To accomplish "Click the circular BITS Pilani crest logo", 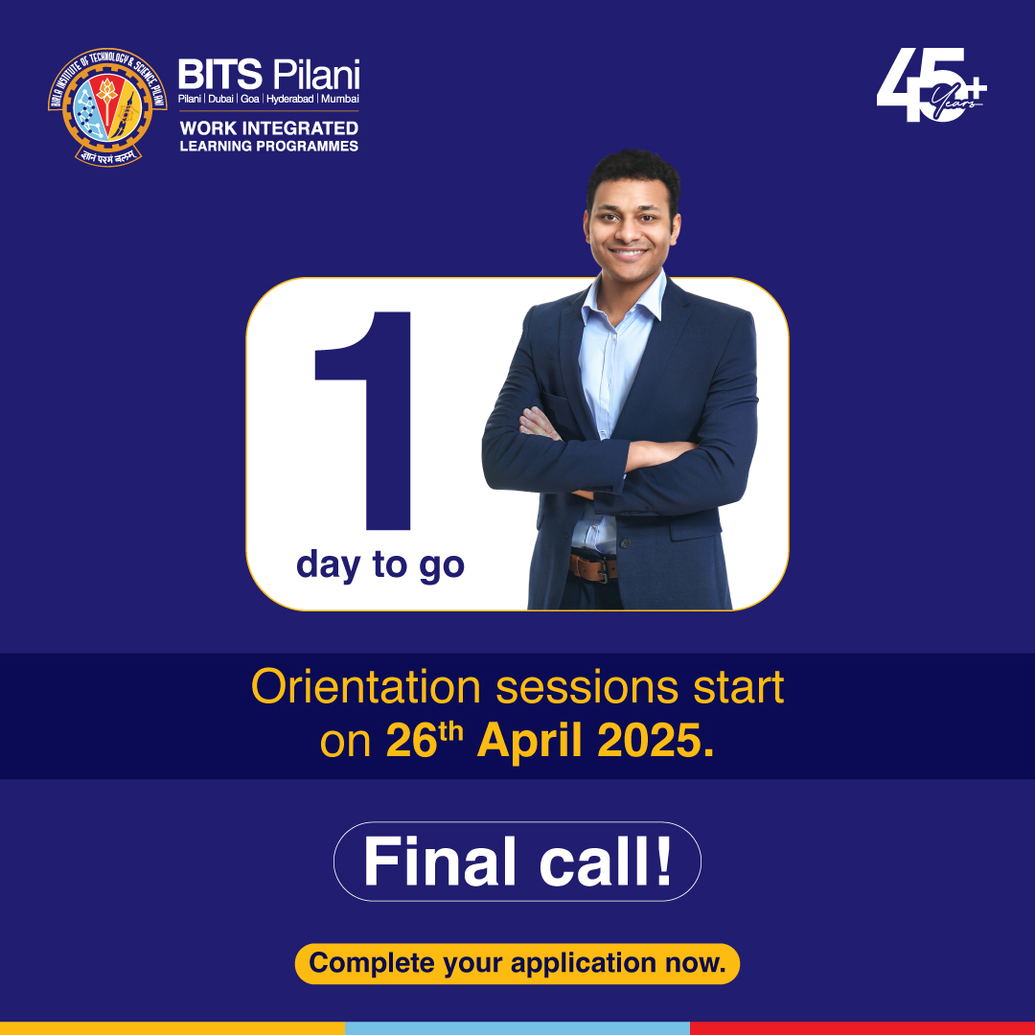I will click(106, 105).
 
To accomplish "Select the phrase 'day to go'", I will click(380, 564).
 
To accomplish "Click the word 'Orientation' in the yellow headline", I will click(365, 687).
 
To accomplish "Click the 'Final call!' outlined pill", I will click(517, 862).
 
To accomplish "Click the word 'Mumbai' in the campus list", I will click(340, 99).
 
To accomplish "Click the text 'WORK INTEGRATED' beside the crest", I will click(268, 127).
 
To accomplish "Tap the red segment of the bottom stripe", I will click(862, 1027).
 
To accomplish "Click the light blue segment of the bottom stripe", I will click(517, 1027).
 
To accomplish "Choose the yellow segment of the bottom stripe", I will click(172, 1027).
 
